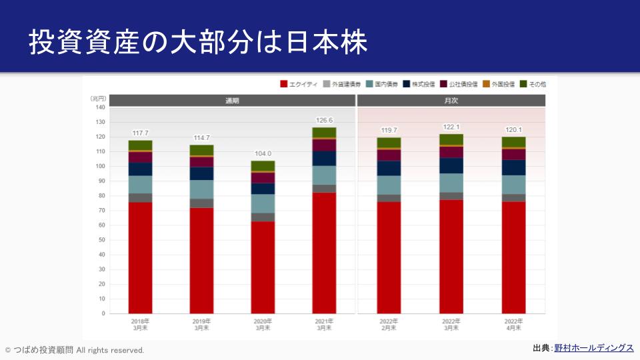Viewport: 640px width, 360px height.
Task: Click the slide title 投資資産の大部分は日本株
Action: click(198, 43)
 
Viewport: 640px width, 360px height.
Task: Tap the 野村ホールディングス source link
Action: click(593, 348)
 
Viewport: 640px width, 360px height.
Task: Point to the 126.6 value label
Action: click(325, 120)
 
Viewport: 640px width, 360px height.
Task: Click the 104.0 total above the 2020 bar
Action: click(263, 153)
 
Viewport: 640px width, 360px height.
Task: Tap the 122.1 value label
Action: click(451, 127)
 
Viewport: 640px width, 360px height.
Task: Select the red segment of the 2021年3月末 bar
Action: click(325, 253)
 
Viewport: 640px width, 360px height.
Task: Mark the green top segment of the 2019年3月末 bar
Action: click(202, 150)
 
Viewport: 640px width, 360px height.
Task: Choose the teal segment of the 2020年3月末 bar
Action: click(263, 203)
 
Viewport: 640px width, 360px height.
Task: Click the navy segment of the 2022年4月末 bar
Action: click(513, 167)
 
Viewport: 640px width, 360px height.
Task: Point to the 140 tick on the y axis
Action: click(100, 107)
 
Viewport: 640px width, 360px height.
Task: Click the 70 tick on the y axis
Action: click(101, 211)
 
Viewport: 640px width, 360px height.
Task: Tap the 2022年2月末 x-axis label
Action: click(390, 324)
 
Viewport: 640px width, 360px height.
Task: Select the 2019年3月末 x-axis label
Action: click(202, 324)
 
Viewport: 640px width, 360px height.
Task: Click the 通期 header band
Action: click(232, 101)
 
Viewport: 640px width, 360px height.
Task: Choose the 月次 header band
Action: click(451, 101)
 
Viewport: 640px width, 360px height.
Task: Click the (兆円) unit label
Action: click(97, 98)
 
